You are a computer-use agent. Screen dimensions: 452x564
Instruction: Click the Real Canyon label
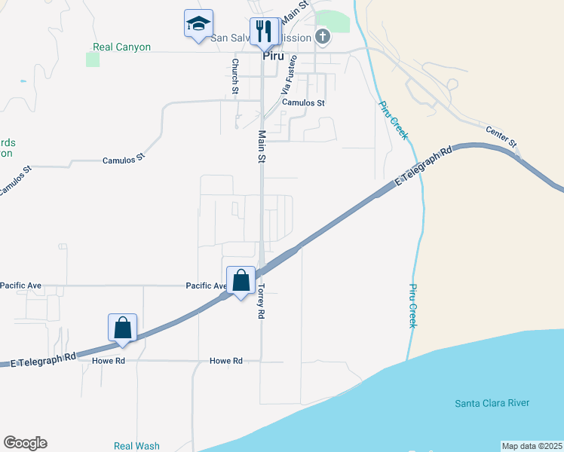pyautogui.click(x=121, y=47)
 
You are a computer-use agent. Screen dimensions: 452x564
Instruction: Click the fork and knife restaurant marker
pyautogui.click(x=263, y=32)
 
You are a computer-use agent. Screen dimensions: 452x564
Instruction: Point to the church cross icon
pyautogui.click(x=322, y=36)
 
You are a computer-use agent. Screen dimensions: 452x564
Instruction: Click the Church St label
pyautogui.click(x=235, y=77)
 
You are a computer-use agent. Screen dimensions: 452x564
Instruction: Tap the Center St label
pyautogui.click(x=501, y=136)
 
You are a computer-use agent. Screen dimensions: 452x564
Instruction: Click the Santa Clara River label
pyautogui.click(x=492, y=403)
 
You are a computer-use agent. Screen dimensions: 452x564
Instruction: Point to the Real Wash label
pyautogui.click(x=136, y=446)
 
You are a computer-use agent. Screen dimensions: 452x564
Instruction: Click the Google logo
pyautogui.click(x=25, y=443)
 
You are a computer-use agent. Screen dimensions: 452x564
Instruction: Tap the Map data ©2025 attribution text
pyautogui.click(x=532, y=446)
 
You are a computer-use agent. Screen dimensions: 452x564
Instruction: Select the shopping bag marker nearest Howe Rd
pyautogui.click(x=123, y=328)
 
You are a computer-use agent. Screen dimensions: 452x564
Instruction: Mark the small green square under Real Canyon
pyautogui.click(x=93, y=60)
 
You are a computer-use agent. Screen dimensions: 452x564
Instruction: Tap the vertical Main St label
pyautogui.click(x=262, y=147)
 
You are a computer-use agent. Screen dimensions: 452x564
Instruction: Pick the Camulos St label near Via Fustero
pyautogui.click(x=303, y=102)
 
